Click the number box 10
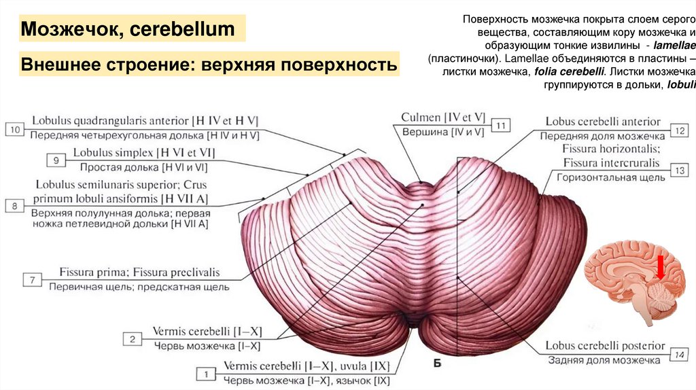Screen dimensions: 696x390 14,128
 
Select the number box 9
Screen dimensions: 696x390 56,160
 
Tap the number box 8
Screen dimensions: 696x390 14,205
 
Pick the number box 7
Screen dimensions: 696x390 32,279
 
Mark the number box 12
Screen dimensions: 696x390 680,129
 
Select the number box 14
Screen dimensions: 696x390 680,353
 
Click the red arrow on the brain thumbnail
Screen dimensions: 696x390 661,266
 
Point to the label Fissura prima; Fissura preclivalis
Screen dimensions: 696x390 139,272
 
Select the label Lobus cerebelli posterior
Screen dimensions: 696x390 605,346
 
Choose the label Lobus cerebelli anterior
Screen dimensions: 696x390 603,122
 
